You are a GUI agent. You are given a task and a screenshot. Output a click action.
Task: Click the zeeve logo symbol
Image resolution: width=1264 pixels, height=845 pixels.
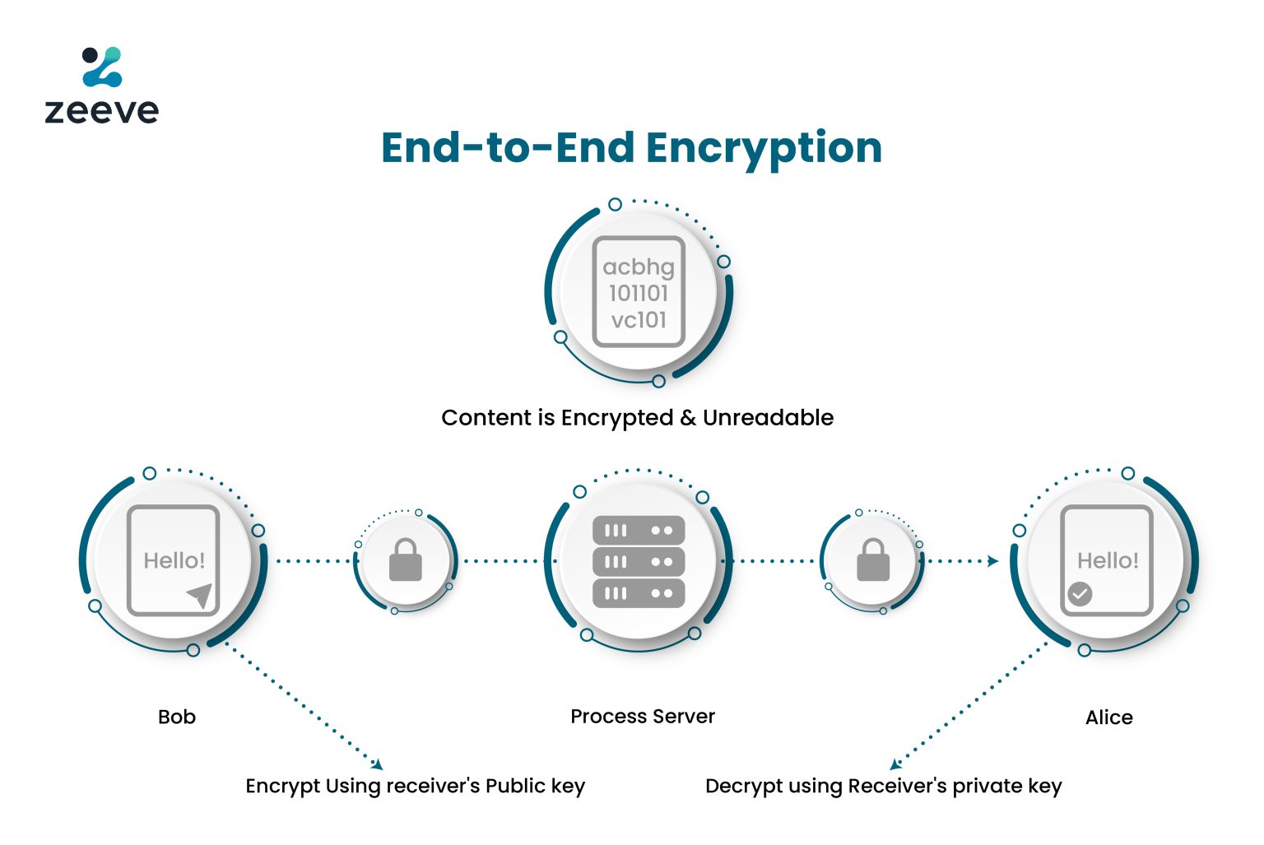pyautogui.click(x=102, y=67)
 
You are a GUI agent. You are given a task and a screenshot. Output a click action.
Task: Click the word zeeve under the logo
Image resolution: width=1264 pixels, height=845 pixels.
pyautogui.click(x=102, y=111)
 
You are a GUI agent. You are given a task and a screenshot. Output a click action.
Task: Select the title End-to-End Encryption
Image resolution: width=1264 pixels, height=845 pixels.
pyautogui.click(x=631, y=148)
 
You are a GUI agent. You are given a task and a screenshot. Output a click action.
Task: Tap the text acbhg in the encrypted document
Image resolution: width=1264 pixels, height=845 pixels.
pyautogui.click(x=638, y=267)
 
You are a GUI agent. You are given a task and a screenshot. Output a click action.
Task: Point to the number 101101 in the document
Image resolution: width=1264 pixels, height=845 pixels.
pyautogui.click(x=638, y=294)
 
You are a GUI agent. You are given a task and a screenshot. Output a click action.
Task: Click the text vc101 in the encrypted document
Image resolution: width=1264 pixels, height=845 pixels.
pyautogui.click(x=638, y=320)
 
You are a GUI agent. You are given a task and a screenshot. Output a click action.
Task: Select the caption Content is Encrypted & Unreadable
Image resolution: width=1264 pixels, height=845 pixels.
pyautogui.click(x=637, y=418)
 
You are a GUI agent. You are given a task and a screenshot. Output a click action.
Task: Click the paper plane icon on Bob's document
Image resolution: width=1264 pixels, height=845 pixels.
pyautogui.click(x=200, y=595)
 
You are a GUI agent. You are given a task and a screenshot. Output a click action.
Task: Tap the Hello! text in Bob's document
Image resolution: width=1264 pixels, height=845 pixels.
pyautogui.click(x=174, y=561)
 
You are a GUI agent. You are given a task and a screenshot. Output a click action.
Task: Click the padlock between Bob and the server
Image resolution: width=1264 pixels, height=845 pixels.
pyautogui.click(x=405, y=561)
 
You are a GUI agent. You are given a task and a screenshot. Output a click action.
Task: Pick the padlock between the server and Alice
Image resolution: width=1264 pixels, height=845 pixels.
pyautogui.click(x=873, y=561)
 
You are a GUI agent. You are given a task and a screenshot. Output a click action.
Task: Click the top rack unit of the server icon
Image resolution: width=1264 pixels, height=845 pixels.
pyautogui.click(x=639, y=531)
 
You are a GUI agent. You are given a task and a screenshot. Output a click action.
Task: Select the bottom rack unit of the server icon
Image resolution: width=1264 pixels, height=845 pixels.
pyautogui.click(x=639, y=593)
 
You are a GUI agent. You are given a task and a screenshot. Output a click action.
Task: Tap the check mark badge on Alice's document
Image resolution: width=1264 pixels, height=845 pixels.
pyautogui.click(x=1080, y=593)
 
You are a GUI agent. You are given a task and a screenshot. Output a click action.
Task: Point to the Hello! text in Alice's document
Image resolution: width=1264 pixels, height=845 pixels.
pyautogui.click(x=1108, y=561)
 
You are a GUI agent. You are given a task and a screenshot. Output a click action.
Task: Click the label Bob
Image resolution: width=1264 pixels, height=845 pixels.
pyautogui.click(x=177, y=717)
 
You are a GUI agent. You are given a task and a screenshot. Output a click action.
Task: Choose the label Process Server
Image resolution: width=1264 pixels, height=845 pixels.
pyautogui.click(x=643, y=717)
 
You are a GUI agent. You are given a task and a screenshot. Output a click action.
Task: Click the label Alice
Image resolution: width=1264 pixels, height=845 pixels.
pyautogui.click(x=1108, y=717)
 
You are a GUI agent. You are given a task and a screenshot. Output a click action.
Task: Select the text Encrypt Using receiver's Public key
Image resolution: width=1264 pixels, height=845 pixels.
pyautogui.click(x=415, y=787)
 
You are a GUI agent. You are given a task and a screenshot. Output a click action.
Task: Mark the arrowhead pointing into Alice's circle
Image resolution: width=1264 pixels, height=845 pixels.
pyautogui.click(x=993, y=561)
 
